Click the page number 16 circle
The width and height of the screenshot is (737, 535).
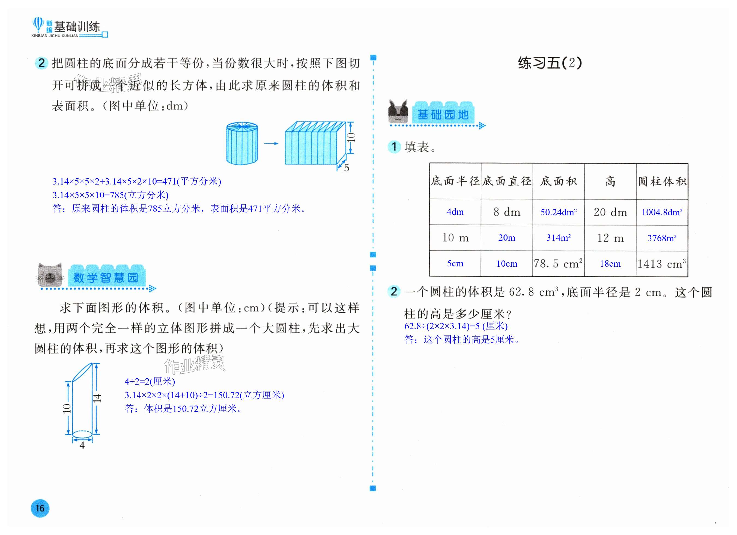(40, 508)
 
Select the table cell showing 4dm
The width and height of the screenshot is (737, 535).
(455, 212)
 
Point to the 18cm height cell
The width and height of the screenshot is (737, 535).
(610, 264)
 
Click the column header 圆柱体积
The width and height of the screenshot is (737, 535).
(662, 181)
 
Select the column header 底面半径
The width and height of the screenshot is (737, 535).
(455, 181)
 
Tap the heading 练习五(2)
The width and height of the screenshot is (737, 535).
(550, 63)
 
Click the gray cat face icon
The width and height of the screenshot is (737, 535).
(50, 275)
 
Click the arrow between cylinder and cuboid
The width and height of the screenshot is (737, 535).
(271, 143)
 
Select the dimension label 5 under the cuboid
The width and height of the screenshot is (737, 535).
(347, 168)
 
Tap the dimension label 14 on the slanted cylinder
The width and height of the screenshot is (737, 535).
(97, 398)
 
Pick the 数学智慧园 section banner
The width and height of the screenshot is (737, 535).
(106, 277)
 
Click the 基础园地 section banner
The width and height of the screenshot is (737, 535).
(443, 114)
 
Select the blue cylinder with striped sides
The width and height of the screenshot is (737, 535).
(242, 143)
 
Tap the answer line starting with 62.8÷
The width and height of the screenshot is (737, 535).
(456, 326)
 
